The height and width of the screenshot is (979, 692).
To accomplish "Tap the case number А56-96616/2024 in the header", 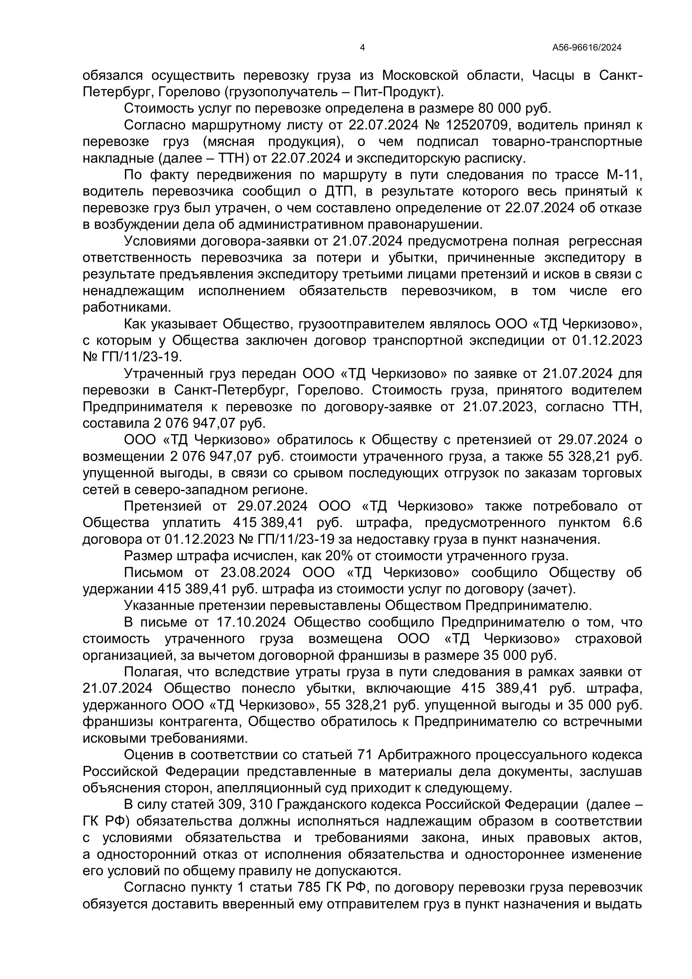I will (587, 48).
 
